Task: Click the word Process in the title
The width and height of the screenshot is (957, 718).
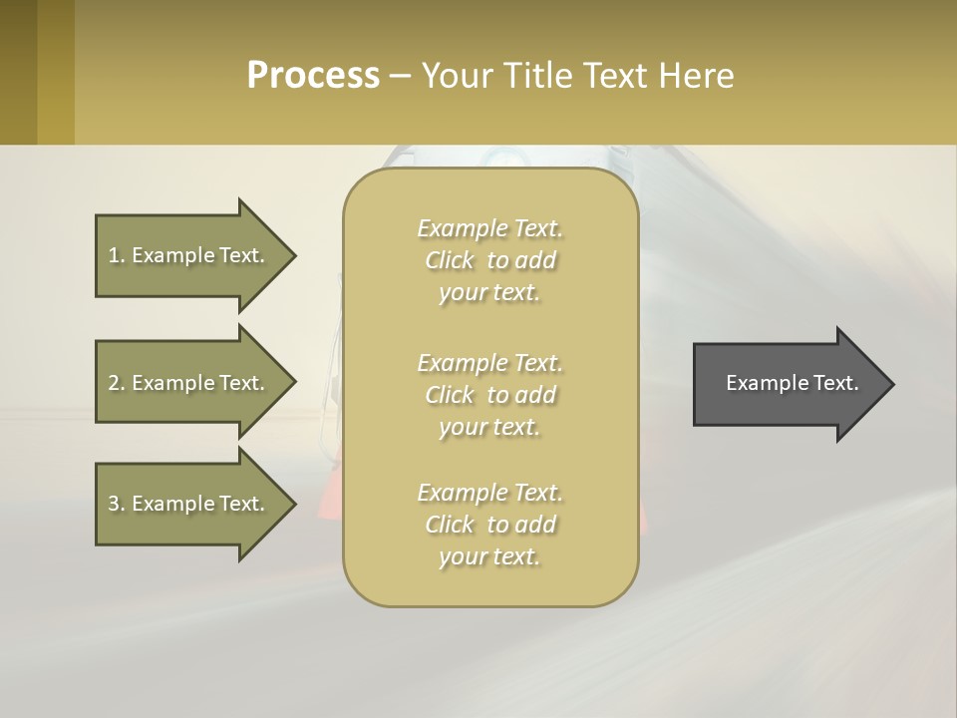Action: [313, 76]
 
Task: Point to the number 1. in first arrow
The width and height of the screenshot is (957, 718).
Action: [117, 255]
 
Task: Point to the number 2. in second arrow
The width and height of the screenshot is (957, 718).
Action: [117, 383]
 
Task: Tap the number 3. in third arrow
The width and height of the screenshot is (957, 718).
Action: [117, 504]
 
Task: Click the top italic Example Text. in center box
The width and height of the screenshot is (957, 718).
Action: [489, 228]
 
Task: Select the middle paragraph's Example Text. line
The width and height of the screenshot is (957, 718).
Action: [489, 363]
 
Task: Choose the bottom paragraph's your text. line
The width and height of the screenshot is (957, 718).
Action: [489, 556]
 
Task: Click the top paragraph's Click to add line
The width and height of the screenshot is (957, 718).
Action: [489, 260]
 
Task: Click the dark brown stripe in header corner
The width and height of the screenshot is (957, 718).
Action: [18, 72]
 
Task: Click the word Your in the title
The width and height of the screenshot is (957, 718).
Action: [455, 76]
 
